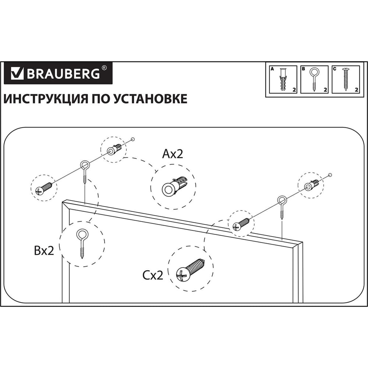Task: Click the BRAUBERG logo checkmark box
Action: point(17,73)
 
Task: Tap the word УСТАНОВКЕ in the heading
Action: point(151,99)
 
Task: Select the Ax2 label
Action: point(173,154)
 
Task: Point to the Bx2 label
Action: point(44,250)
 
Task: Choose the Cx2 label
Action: point(153,275)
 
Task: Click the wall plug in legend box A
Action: point(283,79)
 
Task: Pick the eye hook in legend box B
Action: point(314,79)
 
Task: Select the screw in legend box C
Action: point(346,79)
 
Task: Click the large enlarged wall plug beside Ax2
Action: point(174,186)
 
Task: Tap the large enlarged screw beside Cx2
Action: point(191,270)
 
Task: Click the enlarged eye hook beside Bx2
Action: point(82,244)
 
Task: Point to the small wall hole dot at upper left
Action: point(133,139)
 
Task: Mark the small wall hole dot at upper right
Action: point(330,175)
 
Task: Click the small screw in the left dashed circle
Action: point(44,188)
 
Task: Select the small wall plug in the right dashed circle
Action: point(311,184)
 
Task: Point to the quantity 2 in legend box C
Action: point(356,89)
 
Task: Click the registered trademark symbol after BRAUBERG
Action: point(104,68)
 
